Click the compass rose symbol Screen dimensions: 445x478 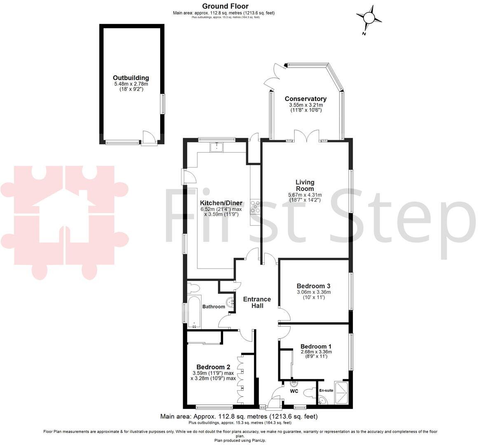point(369,18)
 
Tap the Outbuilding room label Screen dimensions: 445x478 point(131,78)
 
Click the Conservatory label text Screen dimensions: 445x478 point(305,99)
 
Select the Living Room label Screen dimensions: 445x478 point(305,185)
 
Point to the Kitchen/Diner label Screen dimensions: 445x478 point(221,203)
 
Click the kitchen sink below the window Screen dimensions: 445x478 point(216,147)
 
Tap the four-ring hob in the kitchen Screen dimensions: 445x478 point(255,206)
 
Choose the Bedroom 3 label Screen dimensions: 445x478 point(313,286)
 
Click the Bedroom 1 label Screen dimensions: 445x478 point(316,347)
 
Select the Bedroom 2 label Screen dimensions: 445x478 point(213,367)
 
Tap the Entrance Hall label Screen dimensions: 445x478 point(257,302)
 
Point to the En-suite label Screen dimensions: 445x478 point(326,391)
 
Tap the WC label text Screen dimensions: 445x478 point(294,391)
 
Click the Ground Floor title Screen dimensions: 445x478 point(224,6)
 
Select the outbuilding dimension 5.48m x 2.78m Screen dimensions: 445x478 point(131,84)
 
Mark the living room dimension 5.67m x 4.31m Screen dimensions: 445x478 point(305,195)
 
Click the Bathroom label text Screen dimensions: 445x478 point(214,307)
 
